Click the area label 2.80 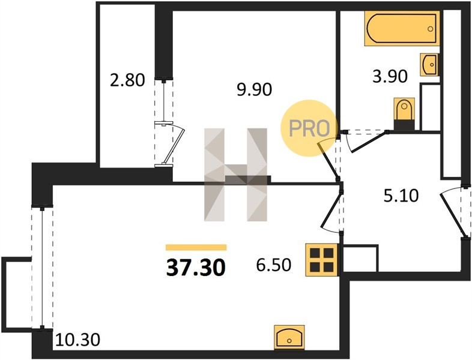(x=127, y=80)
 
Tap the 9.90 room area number (x=255, y=89)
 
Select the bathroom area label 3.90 (x=390, y=76)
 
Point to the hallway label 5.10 (x=401, y=196)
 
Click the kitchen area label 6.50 (x=274, y=265)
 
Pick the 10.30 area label (x=77, y=340)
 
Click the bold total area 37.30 (x=196, y=268)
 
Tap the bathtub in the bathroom (x=402, y=29)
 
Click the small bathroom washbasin (x=429, y=65)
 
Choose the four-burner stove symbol (x=322, y=260)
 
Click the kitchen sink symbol (x=289, y=337)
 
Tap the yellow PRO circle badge (x=308, y=128)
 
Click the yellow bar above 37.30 (x=196, y=248)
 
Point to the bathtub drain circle (x=431, y=29)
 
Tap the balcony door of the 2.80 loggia (x=169, y=144)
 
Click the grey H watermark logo (x=235, y=175)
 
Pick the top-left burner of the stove (x=315, y=253)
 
